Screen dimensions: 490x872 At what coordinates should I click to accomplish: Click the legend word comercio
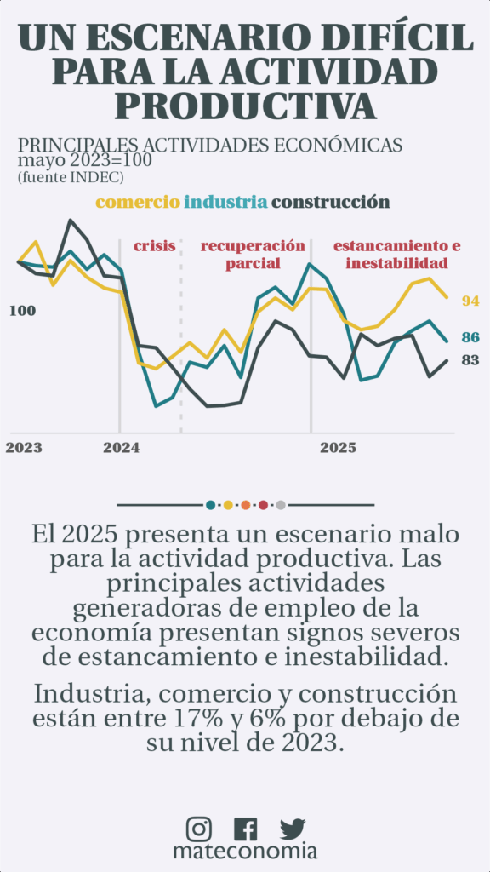coord(139,202)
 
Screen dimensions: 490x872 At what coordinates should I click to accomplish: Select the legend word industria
coord(225,202)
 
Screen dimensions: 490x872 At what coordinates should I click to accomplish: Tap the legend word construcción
coord(331,202)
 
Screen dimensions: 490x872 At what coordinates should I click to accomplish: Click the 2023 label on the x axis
coord(24,448)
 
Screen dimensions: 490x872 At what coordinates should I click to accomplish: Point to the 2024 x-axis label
coord(121,448)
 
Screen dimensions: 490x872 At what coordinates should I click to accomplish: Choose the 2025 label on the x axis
coord(338,448)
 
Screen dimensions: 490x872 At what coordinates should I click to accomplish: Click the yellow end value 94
coord(470,301)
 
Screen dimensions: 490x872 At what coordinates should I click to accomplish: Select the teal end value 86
coord(470,337)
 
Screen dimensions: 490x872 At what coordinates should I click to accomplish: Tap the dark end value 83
coord(470,360)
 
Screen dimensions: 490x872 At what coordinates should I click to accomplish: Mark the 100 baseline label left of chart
coord(23,311)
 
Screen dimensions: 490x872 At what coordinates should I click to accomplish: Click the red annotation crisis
coord(155,246)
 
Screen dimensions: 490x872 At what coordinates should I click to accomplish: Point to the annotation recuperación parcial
coord(253,255)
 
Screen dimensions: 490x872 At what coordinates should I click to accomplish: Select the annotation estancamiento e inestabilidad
coord(396,255)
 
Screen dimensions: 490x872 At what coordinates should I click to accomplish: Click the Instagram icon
coord(198,829)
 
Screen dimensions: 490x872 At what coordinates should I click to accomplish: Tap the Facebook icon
coord(246,829)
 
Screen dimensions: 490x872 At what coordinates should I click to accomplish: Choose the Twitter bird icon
coord(293,829)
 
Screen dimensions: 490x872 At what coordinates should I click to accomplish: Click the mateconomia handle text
coord(245,852)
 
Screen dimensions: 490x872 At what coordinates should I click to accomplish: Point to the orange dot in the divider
coord(246,505)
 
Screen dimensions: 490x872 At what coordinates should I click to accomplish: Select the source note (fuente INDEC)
coord(71,177)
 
